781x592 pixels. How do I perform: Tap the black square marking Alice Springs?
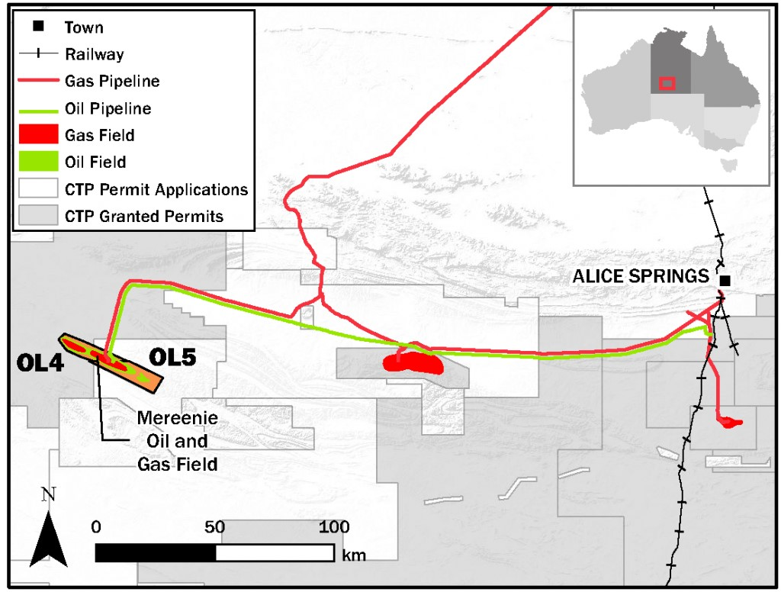click(x=725, y=281)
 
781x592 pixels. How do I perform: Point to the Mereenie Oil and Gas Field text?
click(x=172, y=440)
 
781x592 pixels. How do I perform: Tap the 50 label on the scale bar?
click(x=215, y=527)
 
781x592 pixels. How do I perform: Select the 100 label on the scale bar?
click(x=333, y=527)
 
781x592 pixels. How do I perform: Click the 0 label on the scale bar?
click(x=95, y=527)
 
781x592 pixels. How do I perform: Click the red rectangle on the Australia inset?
click(x=667, y=83)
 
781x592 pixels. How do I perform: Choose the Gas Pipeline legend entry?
click(x=112, y=81)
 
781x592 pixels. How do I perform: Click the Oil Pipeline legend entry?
click(x=108, y=108)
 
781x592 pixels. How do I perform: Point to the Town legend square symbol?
click(x=37, y=27)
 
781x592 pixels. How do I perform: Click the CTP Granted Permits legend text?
click(x=144, y=216)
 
